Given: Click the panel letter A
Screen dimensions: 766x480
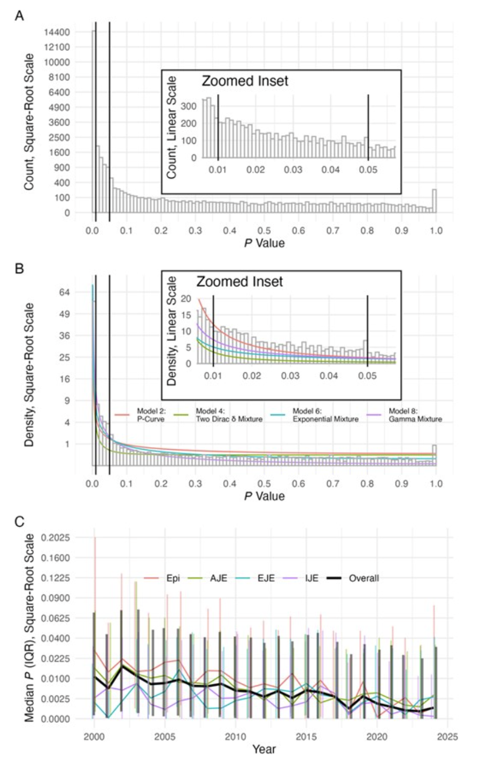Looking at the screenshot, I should (19, 16).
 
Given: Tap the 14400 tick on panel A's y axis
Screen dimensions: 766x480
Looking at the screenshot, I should (56, 32).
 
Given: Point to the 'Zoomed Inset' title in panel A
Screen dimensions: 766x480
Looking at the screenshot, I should (244, 81).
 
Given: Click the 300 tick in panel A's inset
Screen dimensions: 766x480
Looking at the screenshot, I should (190, 105).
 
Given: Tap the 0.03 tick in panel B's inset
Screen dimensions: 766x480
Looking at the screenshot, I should (290, 376).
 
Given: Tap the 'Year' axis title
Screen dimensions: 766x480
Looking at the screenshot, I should (264, 749).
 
